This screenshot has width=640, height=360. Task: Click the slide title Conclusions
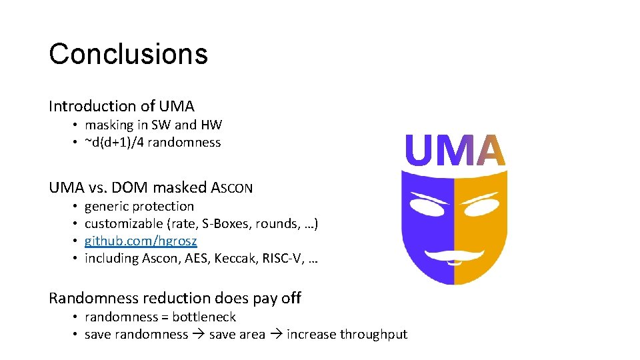coord(128,54)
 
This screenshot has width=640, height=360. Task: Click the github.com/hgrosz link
coord(141,241)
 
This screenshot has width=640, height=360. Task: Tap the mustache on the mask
coord(454,254)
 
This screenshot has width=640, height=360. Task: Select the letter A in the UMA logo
coord(491,151)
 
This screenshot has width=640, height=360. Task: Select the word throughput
coord(373,334)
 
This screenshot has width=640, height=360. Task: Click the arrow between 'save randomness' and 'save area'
coord(199,335)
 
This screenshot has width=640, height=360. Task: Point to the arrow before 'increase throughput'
coord(276,335)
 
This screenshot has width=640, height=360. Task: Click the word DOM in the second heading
coord(141,187)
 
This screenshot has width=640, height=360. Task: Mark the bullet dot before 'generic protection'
coord(76,207)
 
